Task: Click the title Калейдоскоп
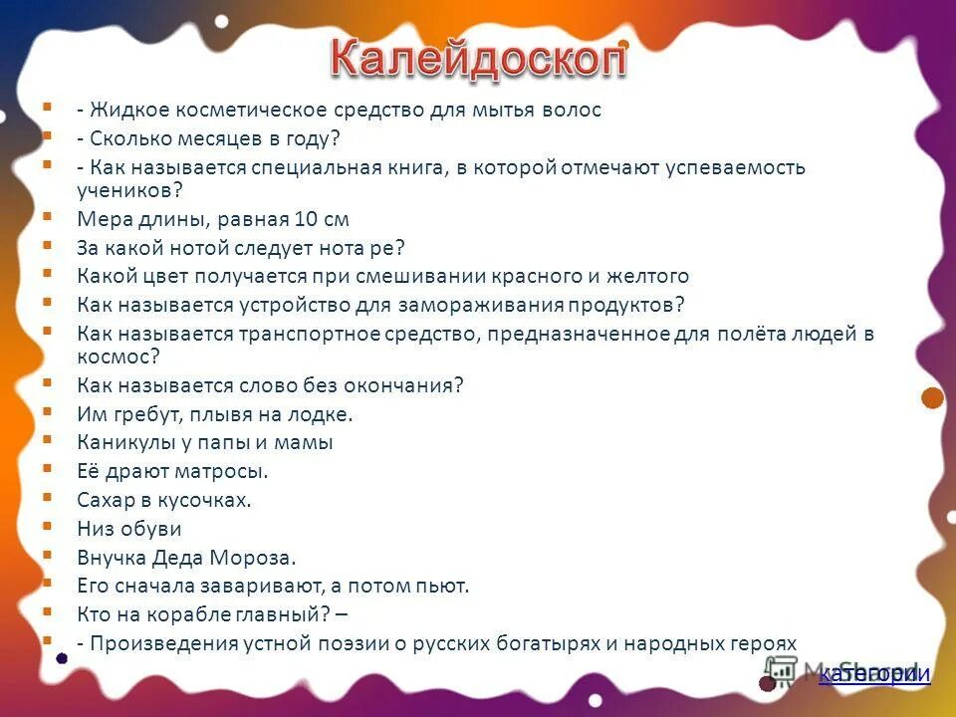pyautogui.click(x=478, y=60)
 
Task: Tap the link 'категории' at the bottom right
pyautogui.click(x=874, y=675)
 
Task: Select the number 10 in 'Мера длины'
pyautogui.click(x=303, y=219)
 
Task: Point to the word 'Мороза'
pyautogui.click(x=264, y=558)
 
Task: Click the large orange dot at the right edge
pyautogui.click(x=932, y=398)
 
